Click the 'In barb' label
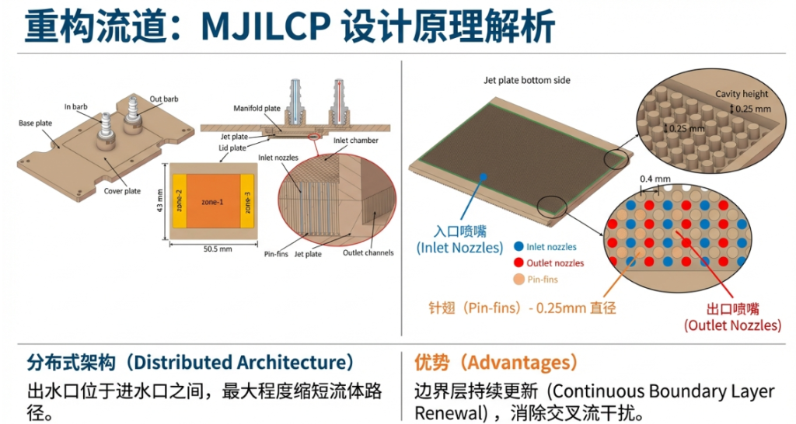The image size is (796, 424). (77, 105)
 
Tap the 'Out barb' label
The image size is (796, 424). (163, 99)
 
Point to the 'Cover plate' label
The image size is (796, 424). (122, 191)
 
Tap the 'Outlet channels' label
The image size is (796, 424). (368, 252)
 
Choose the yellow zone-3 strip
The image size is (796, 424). (248, 203)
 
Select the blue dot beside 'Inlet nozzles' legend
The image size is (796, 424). (518, 247)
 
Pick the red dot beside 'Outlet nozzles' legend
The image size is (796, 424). (518, 263)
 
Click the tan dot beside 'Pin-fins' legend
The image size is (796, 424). (518, 280)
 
